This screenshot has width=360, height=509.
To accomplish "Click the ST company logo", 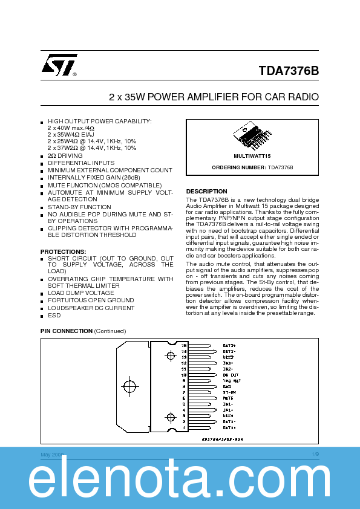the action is tap(59, 66).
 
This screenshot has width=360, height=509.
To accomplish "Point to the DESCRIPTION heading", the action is tap(206, 192).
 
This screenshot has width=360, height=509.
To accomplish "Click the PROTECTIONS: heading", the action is tap(63, 251).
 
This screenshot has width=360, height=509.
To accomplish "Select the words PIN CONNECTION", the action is tap(66, 331).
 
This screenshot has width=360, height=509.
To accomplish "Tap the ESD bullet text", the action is tap(54, 315).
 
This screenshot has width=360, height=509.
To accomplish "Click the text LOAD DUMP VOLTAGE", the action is tap(81, 293).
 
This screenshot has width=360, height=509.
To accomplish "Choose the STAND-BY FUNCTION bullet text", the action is tap(79, 207).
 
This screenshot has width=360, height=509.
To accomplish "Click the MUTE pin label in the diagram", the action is tap(228, 398).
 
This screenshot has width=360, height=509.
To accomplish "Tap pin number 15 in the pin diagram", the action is tap(185, 345).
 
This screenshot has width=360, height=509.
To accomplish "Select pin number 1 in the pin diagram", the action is tap(185, 427).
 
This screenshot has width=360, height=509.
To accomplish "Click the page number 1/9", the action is tap(315, 454).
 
